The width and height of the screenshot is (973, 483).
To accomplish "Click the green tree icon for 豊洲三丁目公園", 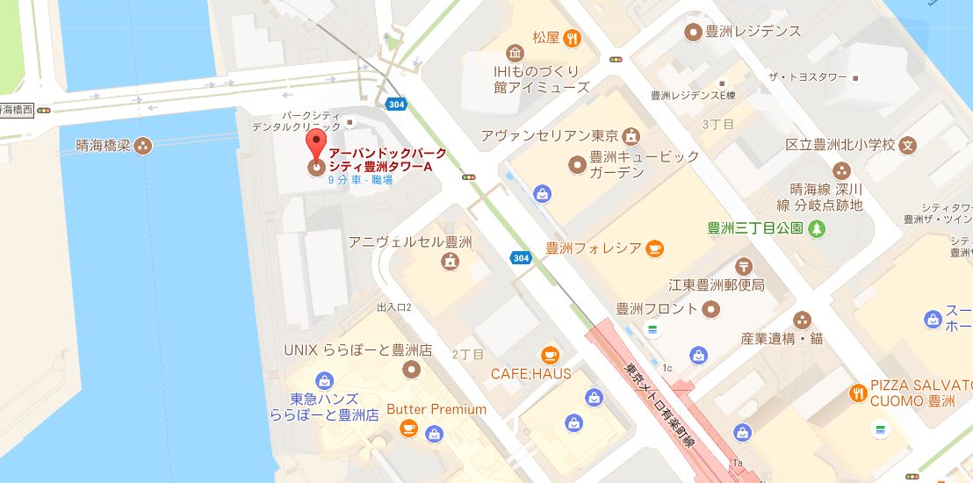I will [818, 228].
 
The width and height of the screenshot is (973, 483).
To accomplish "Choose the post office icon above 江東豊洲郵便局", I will [744, 264].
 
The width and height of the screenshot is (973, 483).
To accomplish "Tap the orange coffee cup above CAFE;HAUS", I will [550, 354].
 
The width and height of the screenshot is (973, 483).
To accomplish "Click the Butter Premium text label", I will [436, 409].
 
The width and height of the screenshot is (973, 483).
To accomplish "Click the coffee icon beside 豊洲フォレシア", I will [654, 249].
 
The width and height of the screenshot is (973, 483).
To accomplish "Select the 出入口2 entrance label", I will [394, 307].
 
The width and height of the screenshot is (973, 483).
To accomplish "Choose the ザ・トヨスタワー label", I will [807, 77].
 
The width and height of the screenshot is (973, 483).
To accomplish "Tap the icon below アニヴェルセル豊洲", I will [450, 261].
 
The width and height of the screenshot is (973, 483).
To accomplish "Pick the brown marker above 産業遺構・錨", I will [802, 320].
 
